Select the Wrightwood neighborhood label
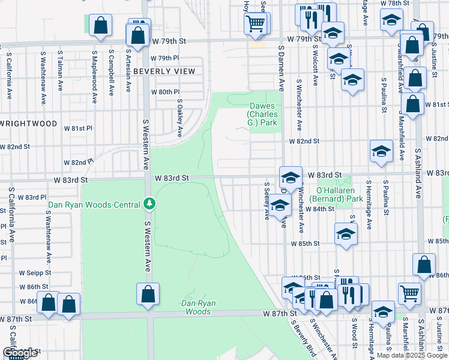(x=28, y=124)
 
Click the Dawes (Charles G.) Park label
(x=265, y=115)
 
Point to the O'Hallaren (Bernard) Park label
(x=336, y=194)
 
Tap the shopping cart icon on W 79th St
(x=256, y=24)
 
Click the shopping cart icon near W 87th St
(x=410, y=293)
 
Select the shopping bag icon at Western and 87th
(x=147, y=295)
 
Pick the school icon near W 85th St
(x=346, y=234)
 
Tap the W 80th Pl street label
(x=165, y=92)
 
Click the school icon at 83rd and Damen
(x=291, y=177)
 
